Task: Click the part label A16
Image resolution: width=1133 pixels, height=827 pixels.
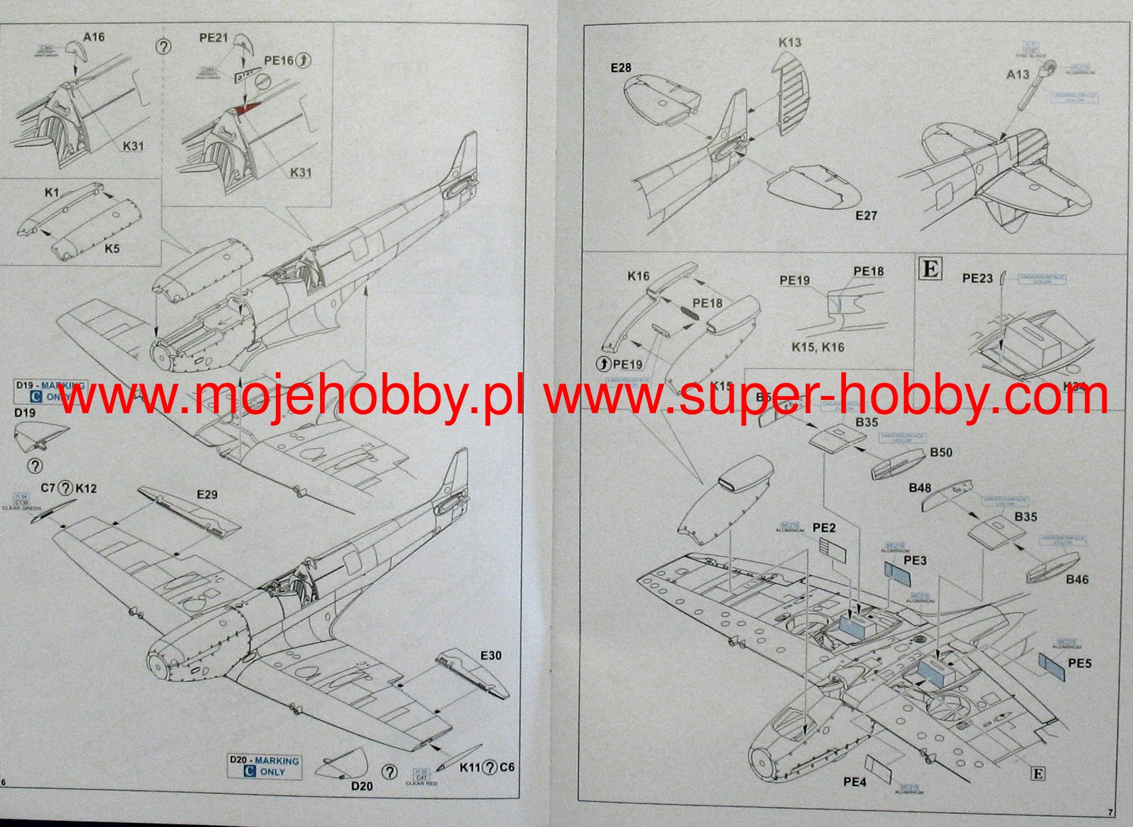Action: click(94, 37)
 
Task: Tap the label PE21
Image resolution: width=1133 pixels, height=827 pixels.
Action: click(213, 38)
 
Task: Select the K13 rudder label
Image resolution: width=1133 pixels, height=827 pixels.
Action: click(789, 42)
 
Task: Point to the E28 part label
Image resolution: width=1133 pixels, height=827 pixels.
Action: click(620, 67)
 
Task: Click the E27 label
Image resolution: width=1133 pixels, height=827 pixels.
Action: click(866, 215)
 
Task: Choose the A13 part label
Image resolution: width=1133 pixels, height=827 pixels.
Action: click(1018, 75)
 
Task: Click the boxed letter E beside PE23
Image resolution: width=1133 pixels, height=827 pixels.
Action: click(930, 269)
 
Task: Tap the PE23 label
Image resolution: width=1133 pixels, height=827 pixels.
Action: click(977, 279)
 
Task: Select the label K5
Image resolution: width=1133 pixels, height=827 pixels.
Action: click(112, 249)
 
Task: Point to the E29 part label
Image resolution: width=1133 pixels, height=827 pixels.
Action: click(207, 494)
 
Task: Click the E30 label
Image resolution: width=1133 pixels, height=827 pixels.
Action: click(490, 655)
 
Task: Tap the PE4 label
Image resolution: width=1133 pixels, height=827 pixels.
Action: click(854, 782)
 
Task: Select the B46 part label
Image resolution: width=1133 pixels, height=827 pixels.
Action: click(1077, 579)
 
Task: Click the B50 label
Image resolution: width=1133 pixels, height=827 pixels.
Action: click(941, 452)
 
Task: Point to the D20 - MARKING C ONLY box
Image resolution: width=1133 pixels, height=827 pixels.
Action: click(264, 766)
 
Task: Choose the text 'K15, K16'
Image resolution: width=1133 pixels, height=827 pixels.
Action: click(818, 347)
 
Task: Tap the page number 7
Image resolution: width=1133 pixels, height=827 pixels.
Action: click(1110, 812)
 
